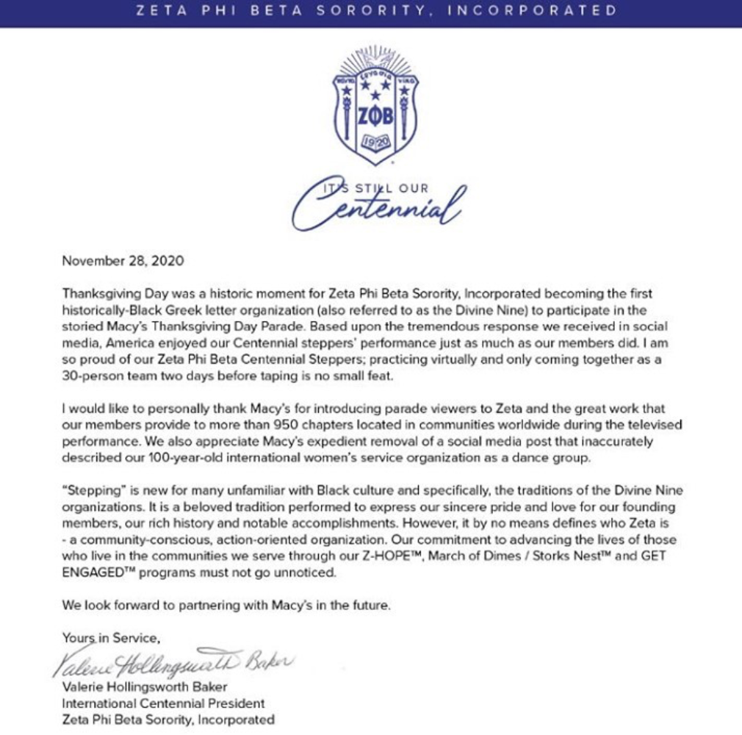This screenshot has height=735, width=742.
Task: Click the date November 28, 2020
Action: click(x=122, y=260)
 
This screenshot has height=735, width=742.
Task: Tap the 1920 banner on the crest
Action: click(x=376, y=143)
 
